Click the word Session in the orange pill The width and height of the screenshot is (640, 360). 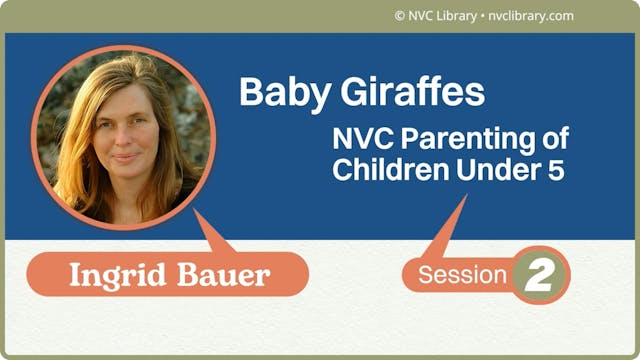click(x=462, y=275)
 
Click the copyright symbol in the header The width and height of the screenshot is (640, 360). click(x=400, y=16)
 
